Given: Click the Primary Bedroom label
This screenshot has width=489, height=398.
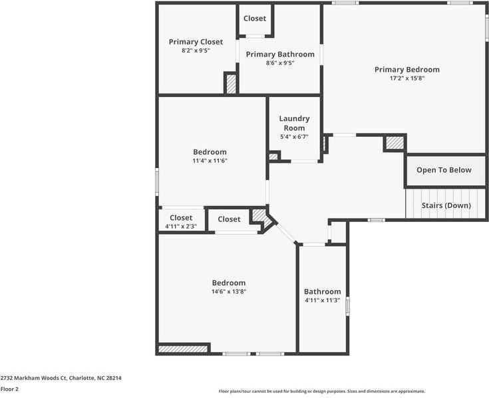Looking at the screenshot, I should pyautogui.click(x=407, y=69).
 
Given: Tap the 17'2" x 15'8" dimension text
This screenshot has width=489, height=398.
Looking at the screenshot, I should pyautogui.click(x=407, y=78).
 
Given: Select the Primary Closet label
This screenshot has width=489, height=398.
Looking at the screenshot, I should pyautogui.click(x=196, y=41).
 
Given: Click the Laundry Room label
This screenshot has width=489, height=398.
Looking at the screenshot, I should pyautogui.click(x=294, y=123).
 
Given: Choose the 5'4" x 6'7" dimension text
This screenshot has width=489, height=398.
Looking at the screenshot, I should pyautogui.click(x=294, y=137).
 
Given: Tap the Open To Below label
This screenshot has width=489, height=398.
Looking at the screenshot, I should pyautogui.click(x=444, y=170).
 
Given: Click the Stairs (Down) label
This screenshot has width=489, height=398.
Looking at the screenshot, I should pyautogui.click(x=446, y=205).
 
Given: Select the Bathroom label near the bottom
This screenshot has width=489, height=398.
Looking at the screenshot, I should pyautogui.click(x=322, y=291).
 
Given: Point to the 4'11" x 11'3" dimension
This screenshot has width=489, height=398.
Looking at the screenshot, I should pyautogui.click(x=322, y=300).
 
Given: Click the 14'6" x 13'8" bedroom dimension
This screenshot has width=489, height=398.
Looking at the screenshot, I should pyautogui.click(x=228, y=291).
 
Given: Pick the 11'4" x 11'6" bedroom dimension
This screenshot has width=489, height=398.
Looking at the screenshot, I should pyautogui.click(x=210, y=160).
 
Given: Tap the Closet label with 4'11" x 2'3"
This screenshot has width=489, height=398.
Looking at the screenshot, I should pyautogui.click(x=181, y=217).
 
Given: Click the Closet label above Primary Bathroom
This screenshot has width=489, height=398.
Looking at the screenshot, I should pyautogui.click(x=255, y=18).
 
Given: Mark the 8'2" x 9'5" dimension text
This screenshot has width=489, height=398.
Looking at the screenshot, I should pyautogui.click(x=196, y=50).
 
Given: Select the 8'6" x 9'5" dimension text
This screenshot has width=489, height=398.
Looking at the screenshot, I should pyautogui.click(x=279, y=63).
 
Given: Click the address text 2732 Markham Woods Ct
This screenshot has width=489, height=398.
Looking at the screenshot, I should pyautogui.click(x=61, y=378).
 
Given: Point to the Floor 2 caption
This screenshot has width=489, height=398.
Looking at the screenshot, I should pyautogui.click(x=9, y=389).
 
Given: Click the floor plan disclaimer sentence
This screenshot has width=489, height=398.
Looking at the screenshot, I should pyautogui.click(x=321, y=391).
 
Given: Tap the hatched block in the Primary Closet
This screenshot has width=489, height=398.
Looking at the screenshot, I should pyautogui.click(x=231, y=84).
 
